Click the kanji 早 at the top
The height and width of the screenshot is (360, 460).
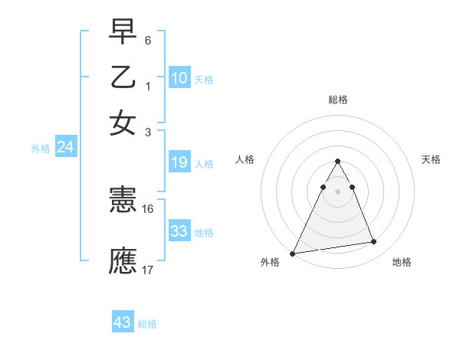123,32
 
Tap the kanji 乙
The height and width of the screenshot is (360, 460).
123,77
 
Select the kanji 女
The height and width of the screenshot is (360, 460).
123,123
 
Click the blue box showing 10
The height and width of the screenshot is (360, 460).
179,77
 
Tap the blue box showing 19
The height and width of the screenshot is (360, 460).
179,162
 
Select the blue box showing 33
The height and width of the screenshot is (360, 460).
179,231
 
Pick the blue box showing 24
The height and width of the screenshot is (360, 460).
66,148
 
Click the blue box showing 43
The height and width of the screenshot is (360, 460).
123,322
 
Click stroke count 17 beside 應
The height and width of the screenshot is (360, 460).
148,270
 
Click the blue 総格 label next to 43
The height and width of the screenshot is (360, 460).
147,324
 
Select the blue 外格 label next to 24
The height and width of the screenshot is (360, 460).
41,149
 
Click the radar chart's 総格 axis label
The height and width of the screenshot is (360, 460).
337,100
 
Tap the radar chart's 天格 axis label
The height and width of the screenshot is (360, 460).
431,159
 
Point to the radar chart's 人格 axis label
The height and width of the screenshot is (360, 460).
245,159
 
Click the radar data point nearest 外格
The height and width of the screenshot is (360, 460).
293,253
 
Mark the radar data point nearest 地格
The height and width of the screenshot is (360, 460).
374,242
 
